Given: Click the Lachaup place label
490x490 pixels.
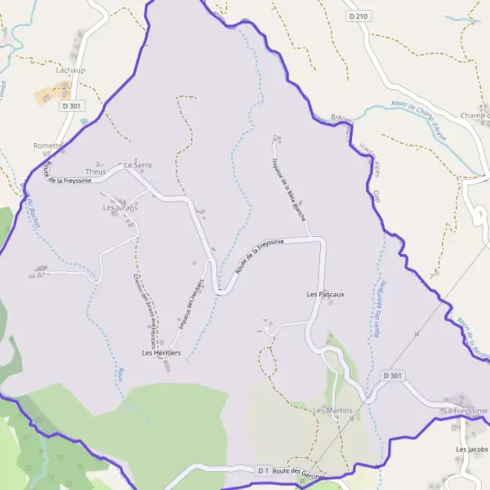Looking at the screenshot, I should (70, 70).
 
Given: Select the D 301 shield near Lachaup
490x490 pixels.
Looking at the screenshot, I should (71, 105).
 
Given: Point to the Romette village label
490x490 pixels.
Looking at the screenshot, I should (47, 145).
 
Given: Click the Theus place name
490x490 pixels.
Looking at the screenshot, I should (96, 171).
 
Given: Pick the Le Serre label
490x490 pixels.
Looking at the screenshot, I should (137, 165).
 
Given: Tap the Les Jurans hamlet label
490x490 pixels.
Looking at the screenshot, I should (120, 207).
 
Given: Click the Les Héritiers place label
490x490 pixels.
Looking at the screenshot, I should (160, 352).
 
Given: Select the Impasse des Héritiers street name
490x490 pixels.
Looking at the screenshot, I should (189, 303).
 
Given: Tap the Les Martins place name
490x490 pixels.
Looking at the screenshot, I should (332, 409).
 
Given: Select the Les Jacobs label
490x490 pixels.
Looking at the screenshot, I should (471, 449).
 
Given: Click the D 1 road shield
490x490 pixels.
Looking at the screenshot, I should (263, 470).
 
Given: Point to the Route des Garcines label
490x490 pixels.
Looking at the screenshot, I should (298, 472).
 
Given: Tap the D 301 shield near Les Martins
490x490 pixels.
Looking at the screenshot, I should (393, 376).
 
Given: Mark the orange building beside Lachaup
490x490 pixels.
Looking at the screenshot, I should (51, 92).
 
